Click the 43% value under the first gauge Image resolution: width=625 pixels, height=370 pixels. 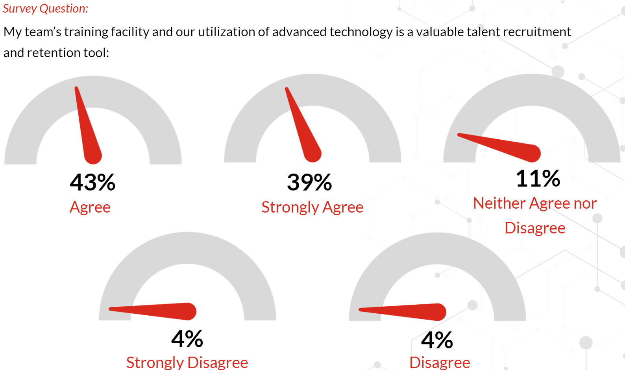(92, 182)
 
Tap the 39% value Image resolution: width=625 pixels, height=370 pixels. (309, 182)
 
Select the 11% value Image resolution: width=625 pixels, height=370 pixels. (538, 178)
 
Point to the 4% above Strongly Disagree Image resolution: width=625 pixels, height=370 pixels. (187, 339)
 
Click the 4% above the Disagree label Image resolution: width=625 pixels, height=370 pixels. (437, 340)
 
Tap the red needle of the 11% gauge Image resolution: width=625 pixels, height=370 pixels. (499, 147)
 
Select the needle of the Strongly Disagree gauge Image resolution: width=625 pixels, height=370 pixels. (153, 311)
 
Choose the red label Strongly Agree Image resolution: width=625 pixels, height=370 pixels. (312, 207)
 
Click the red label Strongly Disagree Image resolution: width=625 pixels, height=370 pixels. (187, 363)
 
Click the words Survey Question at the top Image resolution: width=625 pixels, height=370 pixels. (46, 9)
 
